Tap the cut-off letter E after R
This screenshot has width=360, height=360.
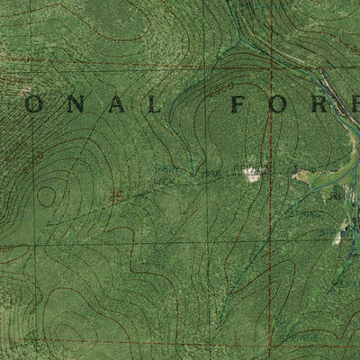pos(356,105)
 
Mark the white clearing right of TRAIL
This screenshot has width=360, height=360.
pos(253,173)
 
